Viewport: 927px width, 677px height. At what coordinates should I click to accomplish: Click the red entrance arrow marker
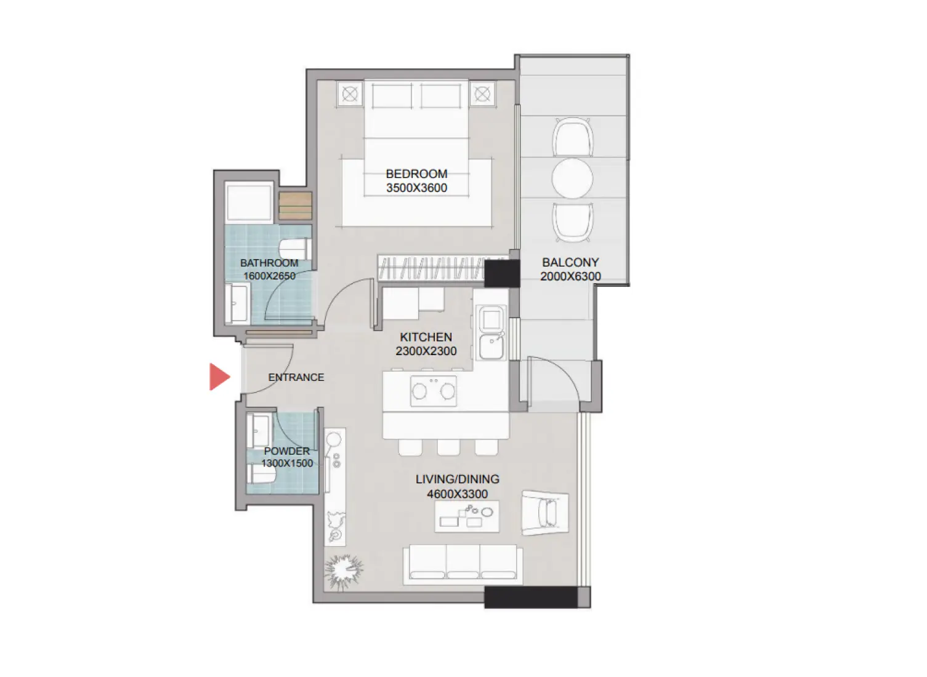(219, 377)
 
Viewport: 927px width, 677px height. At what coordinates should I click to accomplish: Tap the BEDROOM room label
(416, 174)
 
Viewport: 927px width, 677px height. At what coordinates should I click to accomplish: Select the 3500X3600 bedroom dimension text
(416, 188)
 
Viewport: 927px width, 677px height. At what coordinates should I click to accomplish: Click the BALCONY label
(570, 262)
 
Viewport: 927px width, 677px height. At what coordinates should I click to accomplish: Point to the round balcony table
(572, 178)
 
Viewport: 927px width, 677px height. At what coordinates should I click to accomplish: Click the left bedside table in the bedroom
(350, 94)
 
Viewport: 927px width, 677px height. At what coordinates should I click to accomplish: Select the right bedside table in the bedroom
(482, 94)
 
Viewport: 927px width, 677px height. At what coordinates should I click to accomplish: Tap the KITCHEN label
(426, 337)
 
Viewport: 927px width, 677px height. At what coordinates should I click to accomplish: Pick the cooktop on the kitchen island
(434, 391)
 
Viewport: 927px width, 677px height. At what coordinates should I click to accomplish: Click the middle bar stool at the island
(448, 447)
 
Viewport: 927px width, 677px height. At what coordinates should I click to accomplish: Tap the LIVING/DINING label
(457, 479)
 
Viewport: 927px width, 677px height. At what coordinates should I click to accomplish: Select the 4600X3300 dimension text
(457, 494)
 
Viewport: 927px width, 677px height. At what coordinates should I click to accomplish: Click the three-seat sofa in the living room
(463, 564)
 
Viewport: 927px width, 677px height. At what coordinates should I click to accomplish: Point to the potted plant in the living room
(344, 571)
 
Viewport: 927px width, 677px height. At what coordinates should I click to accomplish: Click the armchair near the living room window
(544, 512)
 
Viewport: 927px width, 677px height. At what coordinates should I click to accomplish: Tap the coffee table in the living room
(467, 516)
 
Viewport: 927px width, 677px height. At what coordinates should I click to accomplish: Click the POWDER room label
(286, 451)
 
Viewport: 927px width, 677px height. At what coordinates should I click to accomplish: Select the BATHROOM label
(269, 263)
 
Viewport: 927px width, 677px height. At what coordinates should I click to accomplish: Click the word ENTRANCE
(296, 377)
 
